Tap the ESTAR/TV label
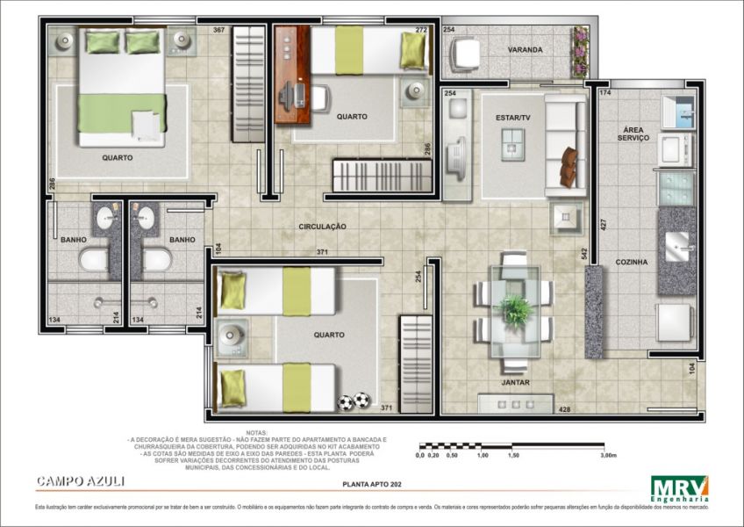tap(513, 117)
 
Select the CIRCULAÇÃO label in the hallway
tap(322, 227)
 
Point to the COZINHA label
tap(632, 262)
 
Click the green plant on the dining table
tap(514, 309)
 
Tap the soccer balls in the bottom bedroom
tap(354, 401)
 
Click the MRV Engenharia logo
tap(679, 488)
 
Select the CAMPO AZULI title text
tap(81, 480)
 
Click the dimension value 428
tap(564, 409)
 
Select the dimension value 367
tap(218, 31)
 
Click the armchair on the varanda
tap(465, 54)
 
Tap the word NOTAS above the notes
tap(256, 433)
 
